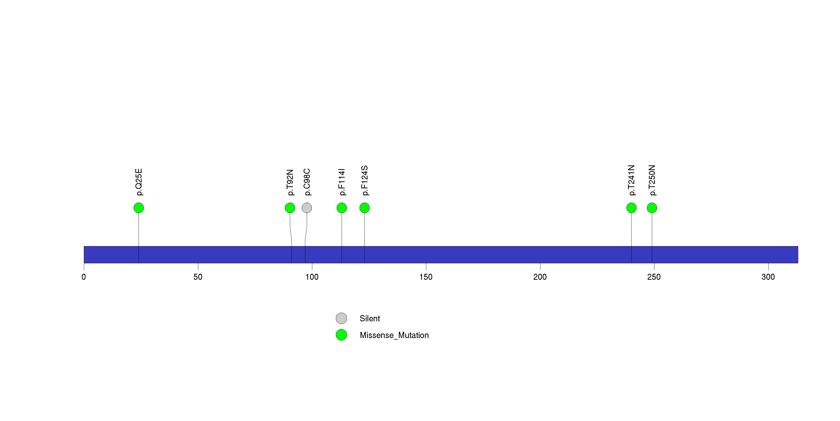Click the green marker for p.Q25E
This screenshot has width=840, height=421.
click(139, 208)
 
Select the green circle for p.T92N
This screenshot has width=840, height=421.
click(290, 208)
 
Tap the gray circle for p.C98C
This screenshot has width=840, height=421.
click(307, 208)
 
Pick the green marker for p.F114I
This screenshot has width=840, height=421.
click(342, 208)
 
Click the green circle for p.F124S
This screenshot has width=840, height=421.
click(365, 208)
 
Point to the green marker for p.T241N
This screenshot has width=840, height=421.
click(631, 208)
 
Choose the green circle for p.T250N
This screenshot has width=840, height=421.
click(652, 208)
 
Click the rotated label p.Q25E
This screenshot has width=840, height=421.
click(139, 182)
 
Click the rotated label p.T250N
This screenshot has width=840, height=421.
click(652, 180)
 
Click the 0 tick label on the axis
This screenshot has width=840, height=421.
click(84, 277)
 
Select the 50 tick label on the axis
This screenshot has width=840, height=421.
click(198, 277)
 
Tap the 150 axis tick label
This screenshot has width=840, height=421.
click(426, 277)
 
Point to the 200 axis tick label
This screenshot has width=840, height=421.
click(540, 277)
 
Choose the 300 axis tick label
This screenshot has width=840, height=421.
click(768, 277)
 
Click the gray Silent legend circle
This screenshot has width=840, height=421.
click(341, 318)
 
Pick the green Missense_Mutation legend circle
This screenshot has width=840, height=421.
click(341, 335)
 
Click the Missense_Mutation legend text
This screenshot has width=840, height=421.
click(394, 335)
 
